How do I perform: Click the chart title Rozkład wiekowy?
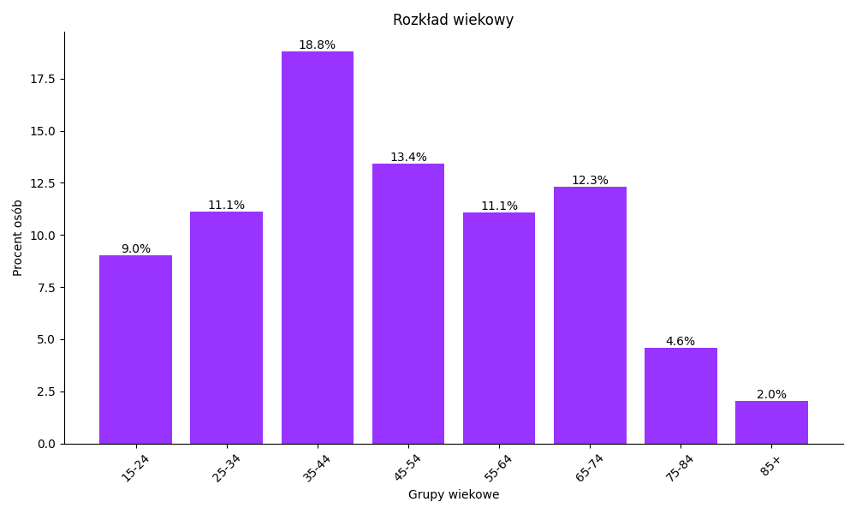[x=453, y=20]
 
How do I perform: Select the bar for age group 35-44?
[x=317, y=248]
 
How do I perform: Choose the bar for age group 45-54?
[x=408, y=304]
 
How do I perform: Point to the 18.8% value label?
[x=317, y=45]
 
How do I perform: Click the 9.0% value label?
[x=135, y=249]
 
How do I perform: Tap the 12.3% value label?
[x=590, y=181]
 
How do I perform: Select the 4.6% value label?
[x=681, y=342]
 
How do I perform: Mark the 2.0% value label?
[x=771, y=395]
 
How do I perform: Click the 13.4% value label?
[x=408, y=158]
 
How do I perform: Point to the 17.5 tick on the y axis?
[x=43, y=79]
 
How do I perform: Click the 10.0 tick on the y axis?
[x=43, y=236]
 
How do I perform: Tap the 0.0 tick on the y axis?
[x=46, y=444]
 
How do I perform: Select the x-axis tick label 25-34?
[x=226, y=468]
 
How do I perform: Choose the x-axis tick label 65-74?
[x=590, y=468]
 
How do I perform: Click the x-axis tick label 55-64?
[x=498, y=468]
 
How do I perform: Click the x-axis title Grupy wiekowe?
[x=453, y=495]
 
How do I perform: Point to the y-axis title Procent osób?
[x=18, y=237]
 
